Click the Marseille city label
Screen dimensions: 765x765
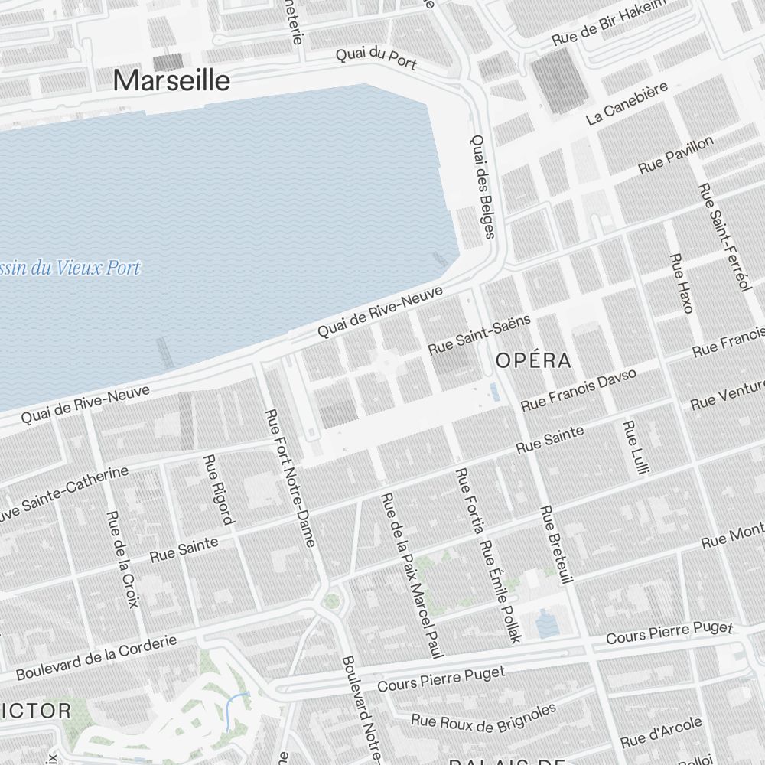coord(171,80)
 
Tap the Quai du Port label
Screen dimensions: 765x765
coord(376,57)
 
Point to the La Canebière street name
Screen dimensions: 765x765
coord(627,103)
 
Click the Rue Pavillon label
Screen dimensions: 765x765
coord(676,155)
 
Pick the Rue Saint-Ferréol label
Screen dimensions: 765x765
coord(723,237)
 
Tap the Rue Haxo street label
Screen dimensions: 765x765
coord(680,283)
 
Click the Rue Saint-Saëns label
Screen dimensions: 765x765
coord(479,334)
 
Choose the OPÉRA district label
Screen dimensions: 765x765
coord(533,361)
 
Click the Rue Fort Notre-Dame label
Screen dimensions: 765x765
coord(290,478)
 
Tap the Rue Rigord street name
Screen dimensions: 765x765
coord(217,490)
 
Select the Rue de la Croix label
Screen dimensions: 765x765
coord(123,558)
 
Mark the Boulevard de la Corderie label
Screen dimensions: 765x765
coord(96,658)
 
